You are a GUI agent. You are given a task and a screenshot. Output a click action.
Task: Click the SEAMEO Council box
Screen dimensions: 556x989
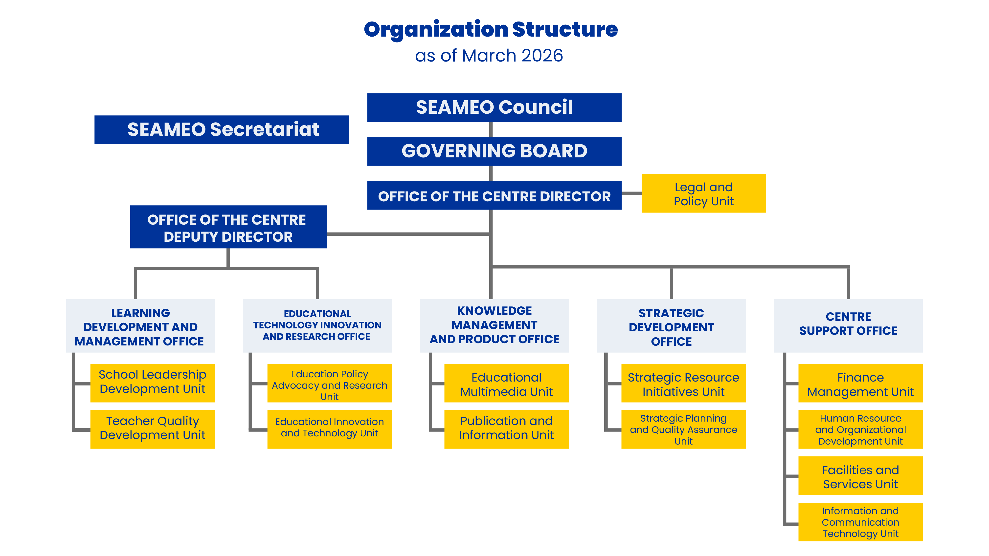[x=494, y=107]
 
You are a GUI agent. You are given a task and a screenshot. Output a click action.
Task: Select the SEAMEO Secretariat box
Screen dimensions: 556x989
[x=222, y=130]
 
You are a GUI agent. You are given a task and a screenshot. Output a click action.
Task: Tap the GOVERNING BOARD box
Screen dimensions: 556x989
[x=494, y=151]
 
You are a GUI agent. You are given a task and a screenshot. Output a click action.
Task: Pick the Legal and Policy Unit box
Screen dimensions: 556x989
[x=703, y=193]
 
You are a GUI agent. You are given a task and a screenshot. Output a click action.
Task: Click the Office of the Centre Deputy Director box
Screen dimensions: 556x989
[x=228, y=227]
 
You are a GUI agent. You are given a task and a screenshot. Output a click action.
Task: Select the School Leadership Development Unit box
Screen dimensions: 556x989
[x=152, y=383]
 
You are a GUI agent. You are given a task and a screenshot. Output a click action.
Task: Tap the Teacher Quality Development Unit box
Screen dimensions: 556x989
[x=152, y=429]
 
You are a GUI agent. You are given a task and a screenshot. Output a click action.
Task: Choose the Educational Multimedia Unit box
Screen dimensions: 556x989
[x=506, y=384]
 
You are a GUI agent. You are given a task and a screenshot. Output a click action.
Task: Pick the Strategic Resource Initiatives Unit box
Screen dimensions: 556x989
[x=683, y=384]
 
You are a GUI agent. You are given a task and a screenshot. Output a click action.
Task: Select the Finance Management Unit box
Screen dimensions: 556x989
[x=860, y=384]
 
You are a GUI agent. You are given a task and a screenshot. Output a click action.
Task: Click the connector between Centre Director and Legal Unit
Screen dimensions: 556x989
[x=631, y=193]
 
